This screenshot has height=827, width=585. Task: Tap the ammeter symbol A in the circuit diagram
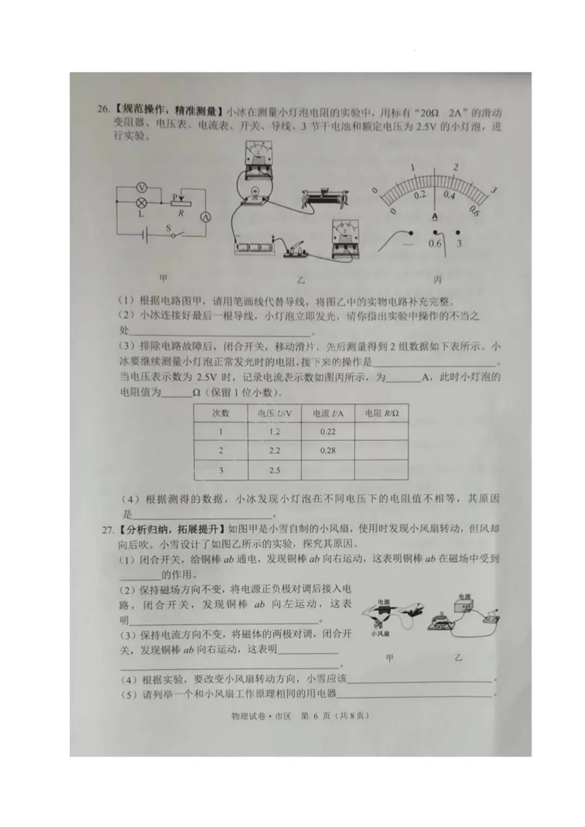tap(206, 217)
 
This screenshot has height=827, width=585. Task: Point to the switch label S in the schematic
tap(169, 229)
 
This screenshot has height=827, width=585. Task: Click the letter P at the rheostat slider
tap(174, 197)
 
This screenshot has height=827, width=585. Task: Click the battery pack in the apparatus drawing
tap(255, 248)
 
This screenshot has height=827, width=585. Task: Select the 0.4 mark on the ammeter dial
tap(449, 195)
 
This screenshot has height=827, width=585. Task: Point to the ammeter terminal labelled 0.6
tap(435, 243)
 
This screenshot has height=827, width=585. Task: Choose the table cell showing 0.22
tap(328, 432)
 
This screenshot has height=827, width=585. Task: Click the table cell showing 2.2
tap(275, 451)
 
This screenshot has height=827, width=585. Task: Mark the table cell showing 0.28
tap(328, 451)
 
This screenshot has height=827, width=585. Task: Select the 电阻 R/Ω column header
tap(381, 413)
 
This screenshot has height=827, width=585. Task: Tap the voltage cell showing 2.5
tap(275, 470)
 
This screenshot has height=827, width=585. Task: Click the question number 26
tap(103, 109)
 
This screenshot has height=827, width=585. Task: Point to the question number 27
tap(108, 529)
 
